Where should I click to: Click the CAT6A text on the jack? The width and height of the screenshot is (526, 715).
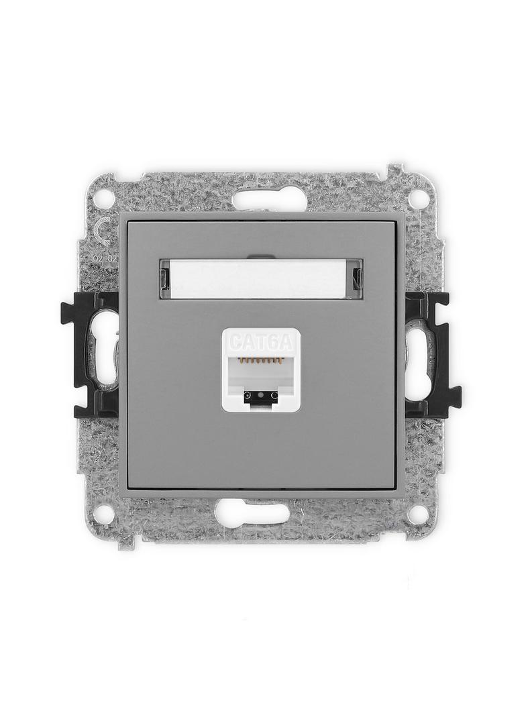[x=260, y=342]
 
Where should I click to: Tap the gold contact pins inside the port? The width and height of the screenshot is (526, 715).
[x=260, y=361]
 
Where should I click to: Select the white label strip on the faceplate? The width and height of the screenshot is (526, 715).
[x=261, y=279]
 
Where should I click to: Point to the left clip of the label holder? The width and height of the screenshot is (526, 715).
[x=164, y=279]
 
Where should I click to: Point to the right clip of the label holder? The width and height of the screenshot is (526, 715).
[x=358, y=279]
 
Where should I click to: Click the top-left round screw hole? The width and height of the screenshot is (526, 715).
[x=103, y=199]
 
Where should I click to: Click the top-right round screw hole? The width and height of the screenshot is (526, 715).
[x=418, y=199]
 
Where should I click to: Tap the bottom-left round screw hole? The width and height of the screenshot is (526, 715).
[x=103, y=514]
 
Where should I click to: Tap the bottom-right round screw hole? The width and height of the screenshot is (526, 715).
[x=418, y=514]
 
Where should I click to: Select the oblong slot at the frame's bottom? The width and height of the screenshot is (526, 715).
[x=252, y=513]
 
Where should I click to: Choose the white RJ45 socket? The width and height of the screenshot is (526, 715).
[x=260, y=370]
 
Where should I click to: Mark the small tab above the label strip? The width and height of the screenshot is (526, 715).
[x=260, y=256]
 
